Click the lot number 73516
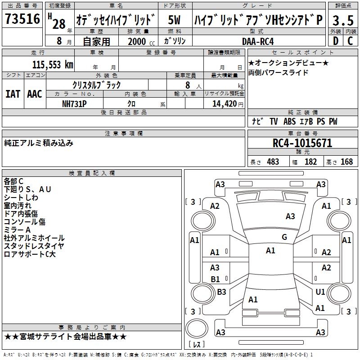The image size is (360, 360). coord(22,18)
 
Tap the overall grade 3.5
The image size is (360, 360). coord(343,20)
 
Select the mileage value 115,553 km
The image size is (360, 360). coord(53,65)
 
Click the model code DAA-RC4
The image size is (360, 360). coord(258,41)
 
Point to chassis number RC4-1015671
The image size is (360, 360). coord(302,143)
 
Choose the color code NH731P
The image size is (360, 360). coord(74,104)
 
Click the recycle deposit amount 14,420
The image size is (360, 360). coord(225,104)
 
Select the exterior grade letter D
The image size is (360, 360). coord(336,41)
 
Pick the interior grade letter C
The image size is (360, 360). coord(350,41)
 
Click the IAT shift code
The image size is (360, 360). coord(13,94)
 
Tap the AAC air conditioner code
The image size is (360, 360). coord(35,94)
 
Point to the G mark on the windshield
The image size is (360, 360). coord(284,237)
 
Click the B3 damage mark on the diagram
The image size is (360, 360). coord(221,292)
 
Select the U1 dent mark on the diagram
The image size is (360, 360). coord(320,292)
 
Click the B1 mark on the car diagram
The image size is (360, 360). coord(215,279)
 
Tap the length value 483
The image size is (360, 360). coord(273,162)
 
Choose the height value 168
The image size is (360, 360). coord(346,162)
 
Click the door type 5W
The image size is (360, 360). coord(174,20)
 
